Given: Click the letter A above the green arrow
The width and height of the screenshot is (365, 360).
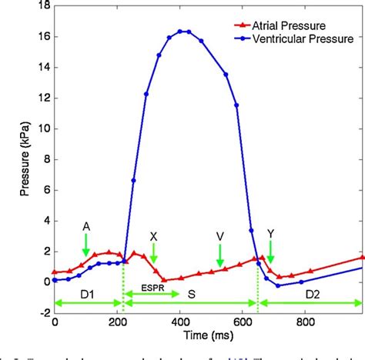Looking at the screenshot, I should pos(86,226).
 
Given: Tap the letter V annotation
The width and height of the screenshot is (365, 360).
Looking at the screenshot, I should pos(220,236).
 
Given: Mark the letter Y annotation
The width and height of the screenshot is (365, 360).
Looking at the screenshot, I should pos(270,232).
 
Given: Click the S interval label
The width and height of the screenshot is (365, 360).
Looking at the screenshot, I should pos(216,295).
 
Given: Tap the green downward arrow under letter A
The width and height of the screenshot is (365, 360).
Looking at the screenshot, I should pos(85,245).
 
